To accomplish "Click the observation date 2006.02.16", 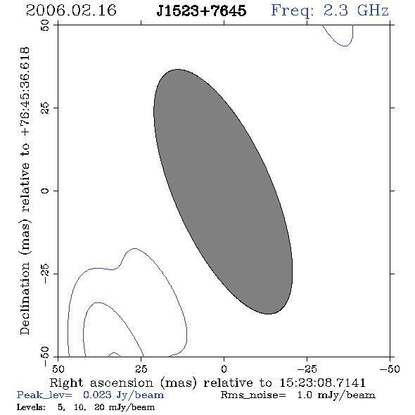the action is (x=71, y=11).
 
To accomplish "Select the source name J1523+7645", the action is (x=201, y=11).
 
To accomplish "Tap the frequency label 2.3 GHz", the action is (x=356, y=11).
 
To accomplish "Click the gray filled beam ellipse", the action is (x=223, y=191).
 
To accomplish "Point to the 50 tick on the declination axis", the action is (x=45, y=25).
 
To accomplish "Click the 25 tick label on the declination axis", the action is (x=45, y=108).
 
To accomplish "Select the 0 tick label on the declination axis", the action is (x=45, y=191).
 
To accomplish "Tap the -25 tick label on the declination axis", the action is (x=45, y=274).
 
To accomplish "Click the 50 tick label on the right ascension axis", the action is (x=58, y=369).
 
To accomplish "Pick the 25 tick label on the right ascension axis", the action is (x=141, y=369).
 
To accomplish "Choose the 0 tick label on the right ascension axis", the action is (x=224, y=369).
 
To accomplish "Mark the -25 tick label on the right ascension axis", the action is (x=307, y=369).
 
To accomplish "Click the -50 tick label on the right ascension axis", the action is (x=390, y=369).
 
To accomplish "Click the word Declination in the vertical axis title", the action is (x=25, y=298).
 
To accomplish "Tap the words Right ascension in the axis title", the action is (x=101, y=383).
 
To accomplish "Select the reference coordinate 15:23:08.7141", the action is (x=322, y=383).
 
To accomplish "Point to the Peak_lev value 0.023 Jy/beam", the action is (x=123, y=395).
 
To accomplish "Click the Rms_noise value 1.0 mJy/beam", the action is (x=336, y=395).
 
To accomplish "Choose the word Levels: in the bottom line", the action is (x=31, y=407).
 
